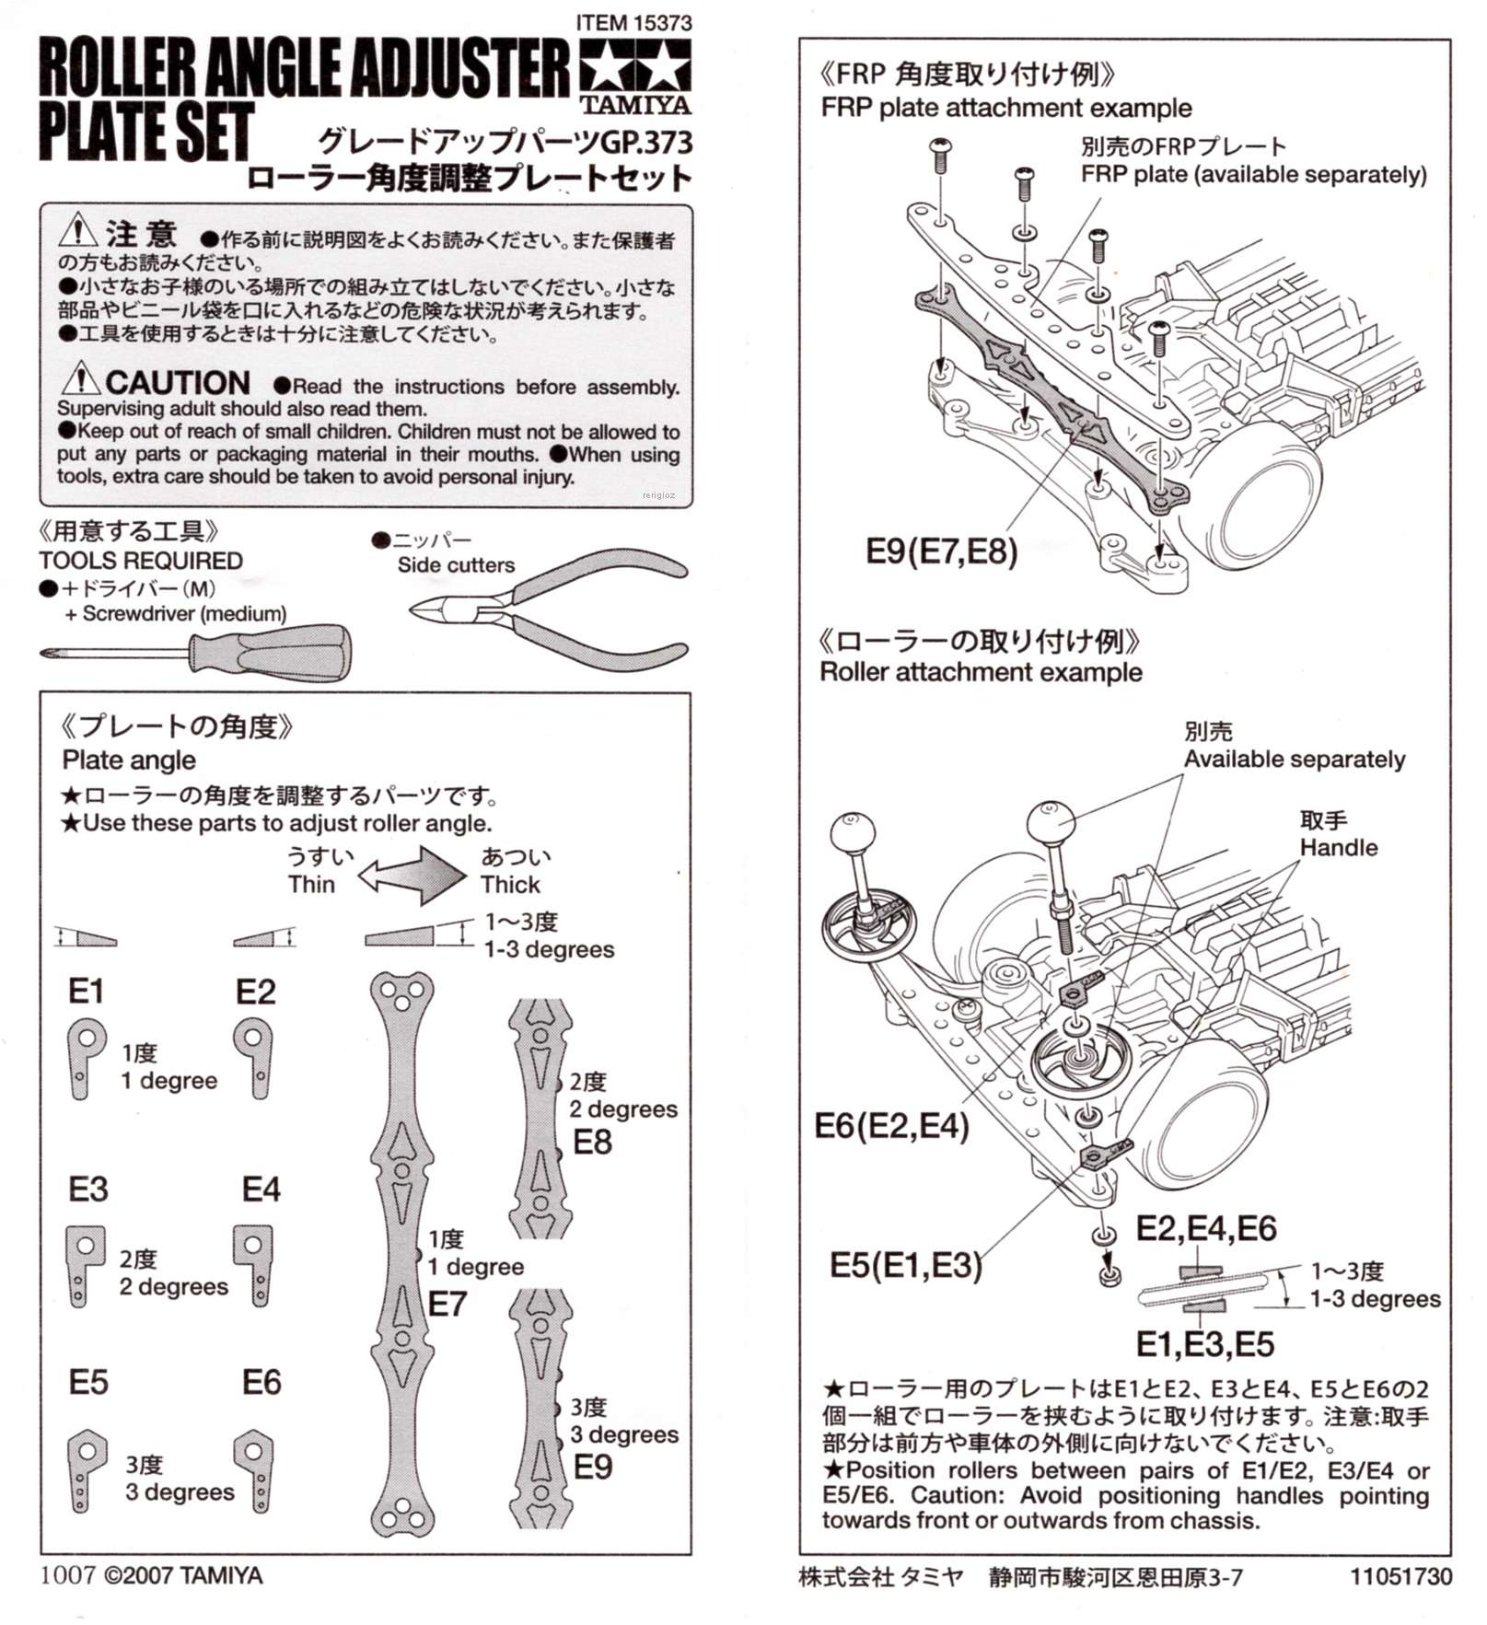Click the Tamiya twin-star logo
634,65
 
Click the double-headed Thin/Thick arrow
412,874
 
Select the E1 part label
86,992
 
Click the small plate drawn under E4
254,1264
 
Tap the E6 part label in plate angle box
261,1382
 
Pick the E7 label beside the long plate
447,1304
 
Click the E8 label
592,1142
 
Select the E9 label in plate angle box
593,1467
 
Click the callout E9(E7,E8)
942,551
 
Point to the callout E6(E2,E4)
891,1125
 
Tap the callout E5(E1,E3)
906,1265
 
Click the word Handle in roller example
1338,847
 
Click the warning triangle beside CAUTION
81,378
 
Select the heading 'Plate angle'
129,760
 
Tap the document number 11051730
1400,1576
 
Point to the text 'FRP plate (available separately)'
1253,174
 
